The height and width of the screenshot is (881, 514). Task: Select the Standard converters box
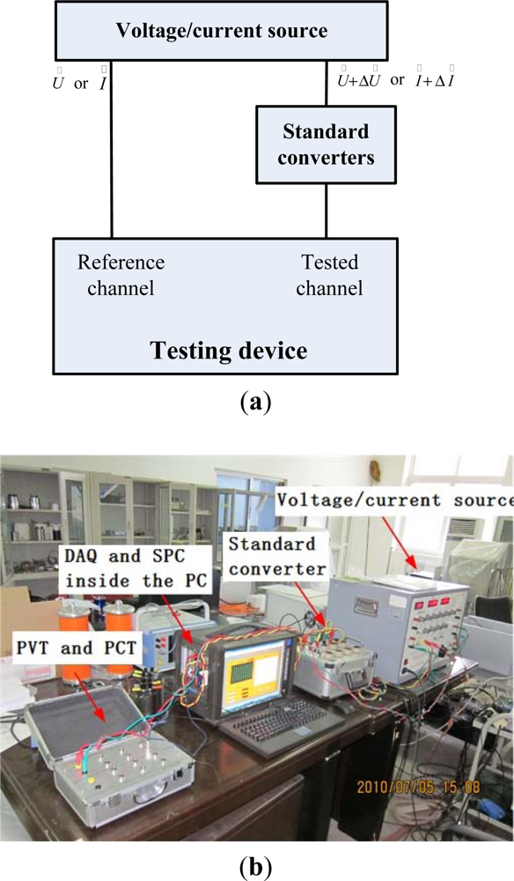click(x=325, y=145)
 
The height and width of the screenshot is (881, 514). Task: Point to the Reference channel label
click(x=121, y=275)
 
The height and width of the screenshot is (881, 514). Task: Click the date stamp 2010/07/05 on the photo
click(x=430, y=781)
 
